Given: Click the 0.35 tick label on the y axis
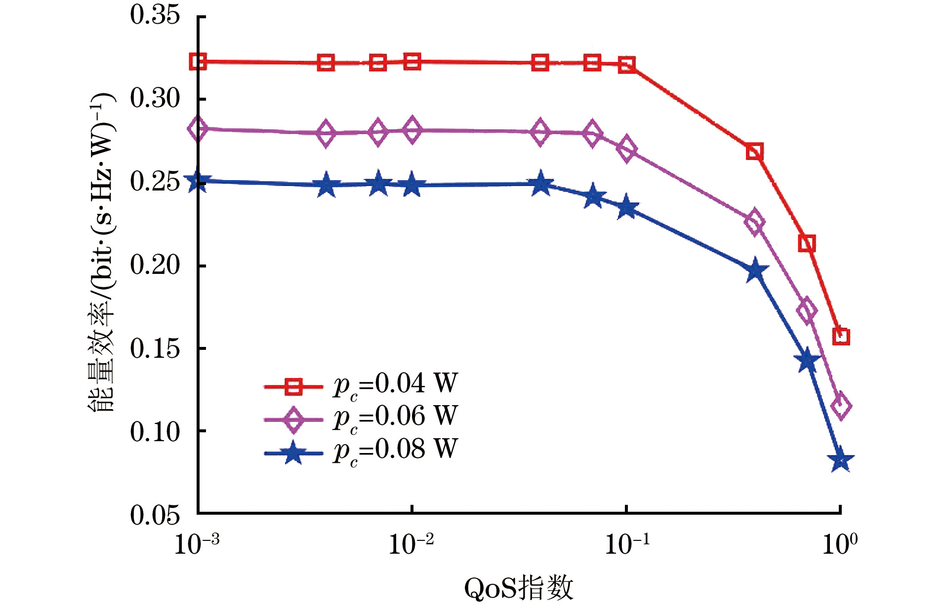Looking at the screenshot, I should [x=155, y=15].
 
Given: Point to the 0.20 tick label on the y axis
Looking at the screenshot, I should [x=155, y=265].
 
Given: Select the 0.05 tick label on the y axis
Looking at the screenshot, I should [x=155, y=515].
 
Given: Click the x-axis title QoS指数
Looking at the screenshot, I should [x=518, y=588].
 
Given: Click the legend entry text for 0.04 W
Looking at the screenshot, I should [x=396, y=384].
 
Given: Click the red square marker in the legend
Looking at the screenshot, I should [x=293, y=386].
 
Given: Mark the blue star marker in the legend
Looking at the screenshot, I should [x=293, y=453].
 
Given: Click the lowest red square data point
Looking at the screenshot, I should [x=841, y=337].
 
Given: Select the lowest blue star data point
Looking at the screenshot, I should [x=840, y=460].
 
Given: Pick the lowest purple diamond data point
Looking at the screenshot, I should [x=841, y=407].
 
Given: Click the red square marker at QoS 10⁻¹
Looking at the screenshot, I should [x=627, y=65].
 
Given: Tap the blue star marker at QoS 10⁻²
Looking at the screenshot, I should [x=411, y=186].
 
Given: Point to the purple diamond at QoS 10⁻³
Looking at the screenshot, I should [x=198, y=129].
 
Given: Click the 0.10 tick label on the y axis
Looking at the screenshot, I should [x=155, y=432].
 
